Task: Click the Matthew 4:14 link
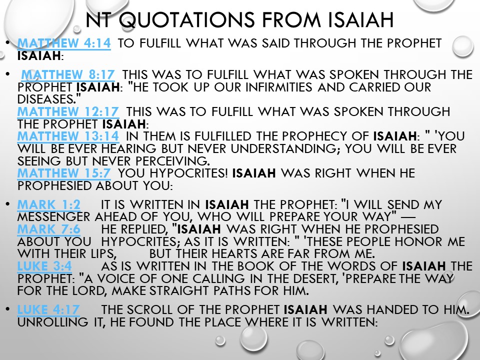click(64, 43)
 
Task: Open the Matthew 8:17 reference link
click(68, 74)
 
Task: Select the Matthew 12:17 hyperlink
click(68, 111)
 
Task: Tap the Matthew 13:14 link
click(68, 136)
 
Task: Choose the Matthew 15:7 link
click(64, 173)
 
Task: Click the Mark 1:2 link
click(49, 204)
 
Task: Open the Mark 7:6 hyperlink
click(49, 229)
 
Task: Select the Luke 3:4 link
click(44, 266)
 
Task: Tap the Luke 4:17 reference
click(48, 310)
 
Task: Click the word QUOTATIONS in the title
click(186, 20)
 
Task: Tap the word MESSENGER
click(53, 216)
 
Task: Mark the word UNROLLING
click(53, 322)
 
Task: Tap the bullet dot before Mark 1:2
click(7, 204)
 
